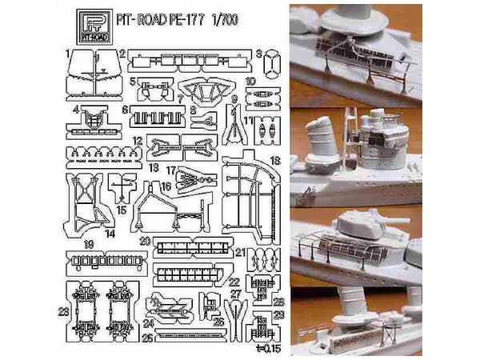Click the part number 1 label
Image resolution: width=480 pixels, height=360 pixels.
(69, 52)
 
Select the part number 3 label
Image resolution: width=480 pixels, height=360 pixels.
(259, 53)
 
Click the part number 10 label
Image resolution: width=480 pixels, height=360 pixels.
(250, 81)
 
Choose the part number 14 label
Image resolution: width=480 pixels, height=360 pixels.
(109, 233)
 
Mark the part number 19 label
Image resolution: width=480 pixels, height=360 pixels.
(89, 242)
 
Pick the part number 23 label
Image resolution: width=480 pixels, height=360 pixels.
(63, 310)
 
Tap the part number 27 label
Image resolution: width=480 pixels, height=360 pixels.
(234, 294)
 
